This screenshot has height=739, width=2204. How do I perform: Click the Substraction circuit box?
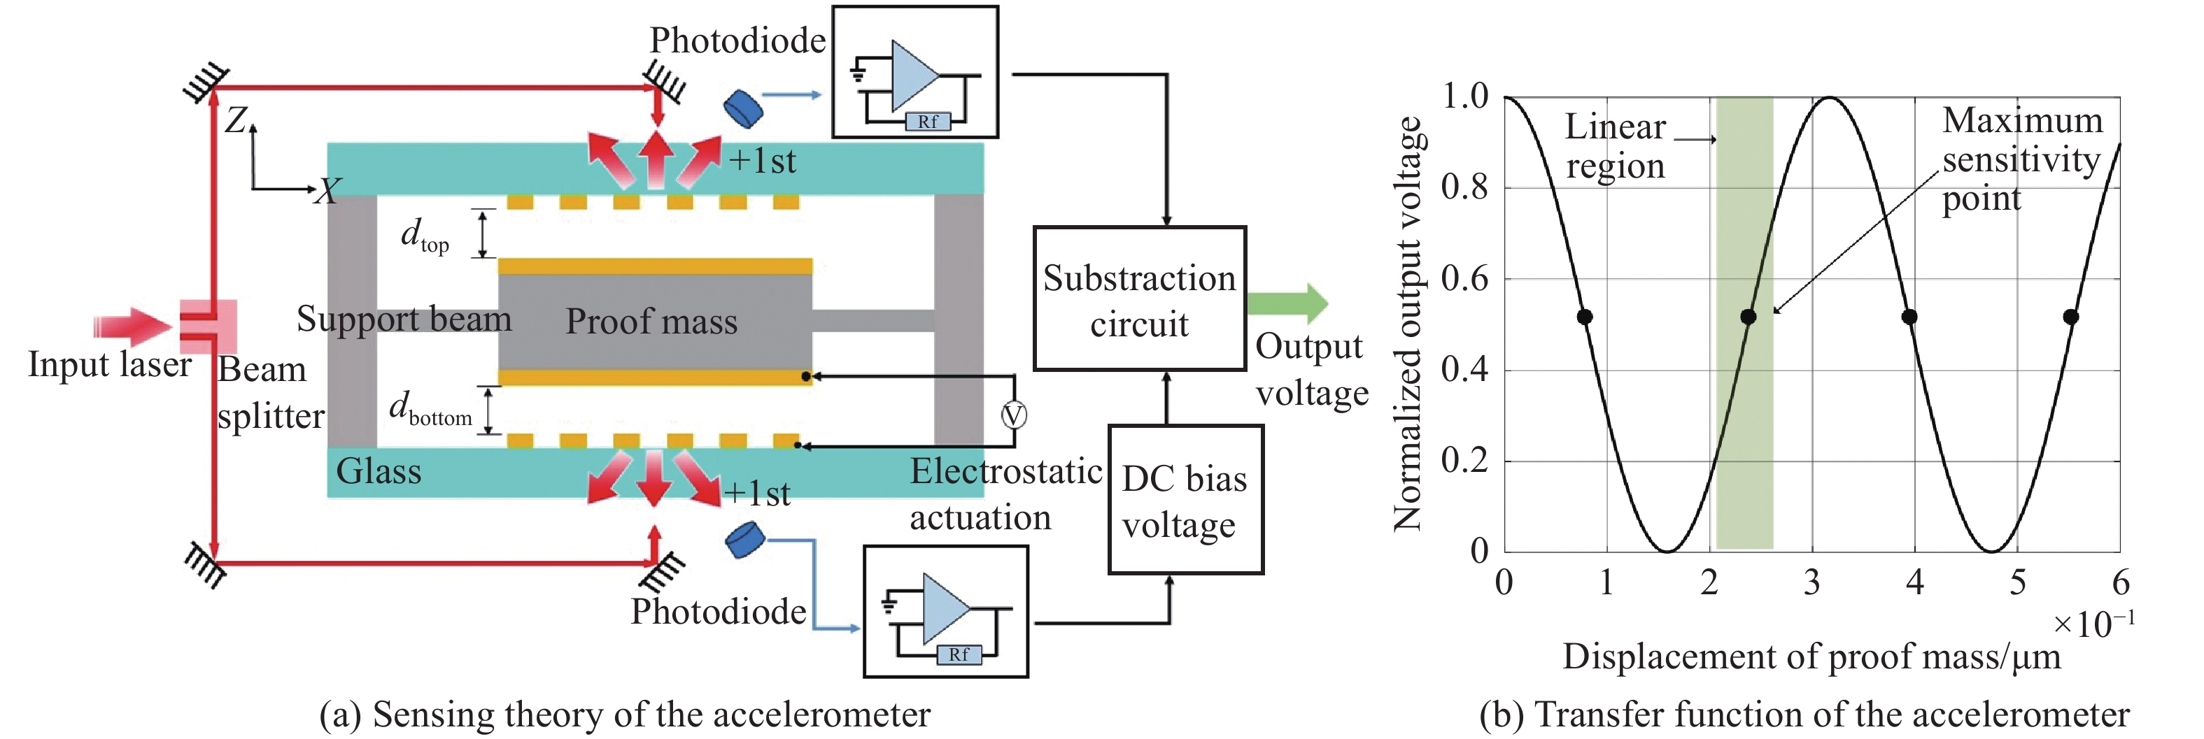point(1139,299)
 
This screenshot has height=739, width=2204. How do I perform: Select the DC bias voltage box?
point(1185,501)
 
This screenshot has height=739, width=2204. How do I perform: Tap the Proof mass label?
point(651,322)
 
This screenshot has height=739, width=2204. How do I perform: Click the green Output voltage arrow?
point(1287,302)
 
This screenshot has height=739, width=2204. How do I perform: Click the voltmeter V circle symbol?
point(1014,416)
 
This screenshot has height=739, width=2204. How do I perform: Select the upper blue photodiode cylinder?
point(742,108)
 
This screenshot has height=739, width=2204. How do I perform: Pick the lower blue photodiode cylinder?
point(744,540)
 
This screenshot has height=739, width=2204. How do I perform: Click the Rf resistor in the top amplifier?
point(928,122)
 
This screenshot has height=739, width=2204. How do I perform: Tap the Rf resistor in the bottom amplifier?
point(959,654)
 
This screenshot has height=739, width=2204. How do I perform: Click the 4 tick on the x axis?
point(1915,582)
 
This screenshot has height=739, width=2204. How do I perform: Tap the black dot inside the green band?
point(1748,317)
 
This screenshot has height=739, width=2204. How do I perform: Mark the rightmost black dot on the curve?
point(2070,317)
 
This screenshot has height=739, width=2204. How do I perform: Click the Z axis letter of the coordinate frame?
point(236,120)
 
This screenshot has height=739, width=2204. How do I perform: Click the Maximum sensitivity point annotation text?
point(2021,160)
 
